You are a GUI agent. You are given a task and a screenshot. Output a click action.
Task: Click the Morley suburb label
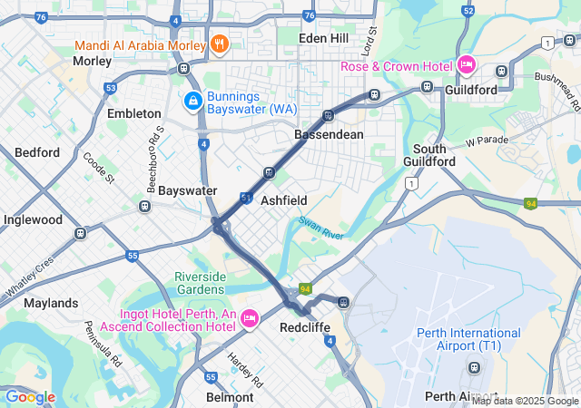92,61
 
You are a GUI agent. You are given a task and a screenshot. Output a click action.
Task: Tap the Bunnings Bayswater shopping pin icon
192,100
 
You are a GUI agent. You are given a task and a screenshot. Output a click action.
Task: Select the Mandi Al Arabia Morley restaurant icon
218,43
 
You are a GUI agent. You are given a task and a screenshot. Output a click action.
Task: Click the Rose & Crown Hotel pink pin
467,64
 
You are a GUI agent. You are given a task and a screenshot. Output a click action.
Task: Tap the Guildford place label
470,90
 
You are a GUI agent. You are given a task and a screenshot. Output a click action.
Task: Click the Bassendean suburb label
329,134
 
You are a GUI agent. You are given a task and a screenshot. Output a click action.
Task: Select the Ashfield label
284,199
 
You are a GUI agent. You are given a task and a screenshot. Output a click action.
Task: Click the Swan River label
320,228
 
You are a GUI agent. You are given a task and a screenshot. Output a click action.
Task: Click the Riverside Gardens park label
205,284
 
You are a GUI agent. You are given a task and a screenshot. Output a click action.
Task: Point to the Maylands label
51,302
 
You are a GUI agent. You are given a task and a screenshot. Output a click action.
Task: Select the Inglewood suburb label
33,219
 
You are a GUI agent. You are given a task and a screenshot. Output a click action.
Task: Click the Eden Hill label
325,37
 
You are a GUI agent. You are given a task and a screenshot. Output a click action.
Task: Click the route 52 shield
468,11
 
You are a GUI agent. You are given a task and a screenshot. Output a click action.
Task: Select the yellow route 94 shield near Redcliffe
307,288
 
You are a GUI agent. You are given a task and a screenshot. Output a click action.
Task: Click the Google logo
29,396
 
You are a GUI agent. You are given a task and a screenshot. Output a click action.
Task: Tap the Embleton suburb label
133,113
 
